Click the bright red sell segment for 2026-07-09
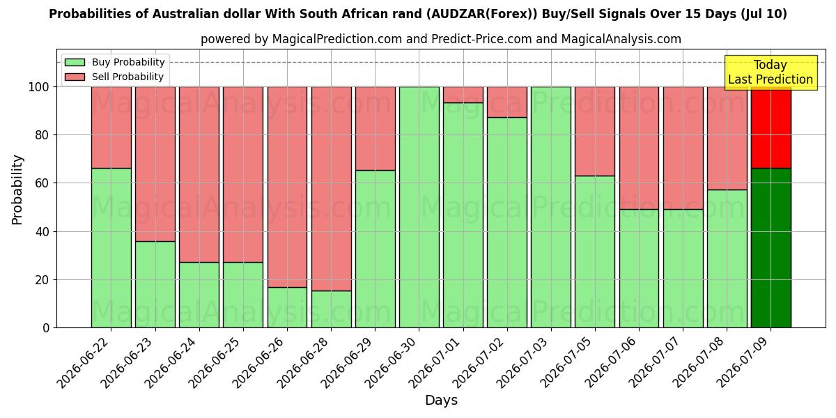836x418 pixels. click(771, 127)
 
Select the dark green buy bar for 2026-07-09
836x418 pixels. click(771, 248)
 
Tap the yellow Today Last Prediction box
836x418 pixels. click(771, 72)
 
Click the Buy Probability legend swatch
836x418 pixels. click(75, 62)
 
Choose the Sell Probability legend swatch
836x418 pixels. click(75, 77)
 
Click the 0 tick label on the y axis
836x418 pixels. click(46, 328)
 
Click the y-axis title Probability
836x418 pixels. click(17, 189)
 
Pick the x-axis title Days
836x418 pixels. click(441, 401)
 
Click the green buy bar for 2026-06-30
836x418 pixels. click(419, 207)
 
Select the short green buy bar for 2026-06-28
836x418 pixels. click(332, 309)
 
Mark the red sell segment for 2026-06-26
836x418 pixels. click(287, 187)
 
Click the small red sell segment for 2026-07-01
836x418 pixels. click(463, 95)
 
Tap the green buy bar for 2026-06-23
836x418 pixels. click(155, 284)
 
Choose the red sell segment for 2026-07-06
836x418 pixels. click(639, 148)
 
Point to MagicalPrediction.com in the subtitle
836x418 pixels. click(337, 39)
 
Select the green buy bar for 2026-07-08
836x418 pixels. click(727, 258)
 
